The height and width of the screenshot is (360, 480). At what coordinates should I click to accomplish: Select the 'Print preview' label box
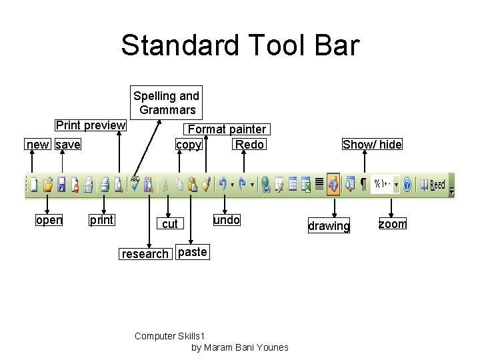tap(91, 125)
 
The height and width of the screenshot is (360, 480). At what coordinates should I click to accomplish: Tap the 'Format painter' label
tap(227, 129)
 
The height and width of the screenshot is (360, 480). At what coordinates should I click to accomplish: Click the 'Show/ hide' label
tap(372, 145)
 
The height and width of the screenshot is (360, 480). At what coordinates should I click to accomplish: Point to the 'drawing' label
tap(328, 226)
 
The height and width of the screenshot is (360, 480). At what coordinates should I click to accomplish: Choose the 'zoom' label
tap(392, 224)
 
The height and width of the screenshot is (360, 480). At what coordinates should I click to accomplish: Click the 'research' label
tap(145, 253)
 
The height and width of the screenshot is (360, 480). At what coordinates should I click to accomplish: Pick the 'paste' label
tap(193, 252)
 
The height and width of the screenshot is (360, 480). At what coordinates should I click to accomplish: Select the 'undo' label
tap(226, 219)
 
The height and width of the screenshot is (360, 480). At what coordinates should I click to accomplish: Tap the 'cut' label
tap(170, 224)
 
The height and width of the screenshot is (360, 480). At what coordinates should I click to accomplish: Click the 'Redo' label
tap(250, 145)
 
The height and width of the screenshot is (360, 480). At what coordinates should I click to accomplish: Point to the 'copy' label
tap(189, 145)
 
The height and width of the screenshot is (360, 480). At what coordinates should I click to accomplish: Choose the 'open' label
tap(49, 220)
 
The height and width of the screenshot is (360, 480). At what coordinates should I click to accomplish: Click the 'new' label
tap(37, 145)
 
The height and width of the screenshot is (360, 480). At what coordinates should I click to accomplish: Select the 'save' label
tap(68, 145)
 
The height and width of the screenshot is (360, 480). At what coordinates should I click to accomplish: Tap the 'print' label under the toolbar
tap(101, 220)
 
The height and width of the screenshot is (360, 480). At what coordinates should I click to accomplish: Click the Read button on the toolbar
tap(437, 184)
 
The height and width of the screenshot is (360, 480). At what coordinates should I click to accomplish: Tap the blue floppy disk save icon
tap(61, 185)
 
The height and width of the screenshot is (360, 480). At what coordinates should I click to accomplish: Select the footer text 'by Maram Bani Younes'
tap(239, 347)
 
